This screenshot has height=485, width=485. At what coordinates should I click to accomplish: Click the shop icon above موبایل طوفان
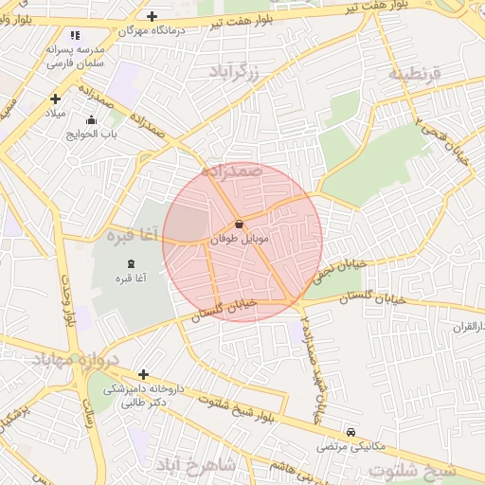(x=238, y=225)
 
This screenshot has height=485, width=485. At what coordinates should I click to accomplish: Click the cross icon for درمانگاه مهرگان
(x=153, y=16)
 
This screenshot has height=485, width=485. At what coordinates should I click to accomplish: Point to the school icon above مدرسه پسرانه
(x=76, y=35)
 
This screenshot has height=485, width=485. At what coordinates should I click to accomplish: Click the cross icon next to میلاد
(x=55, y=99)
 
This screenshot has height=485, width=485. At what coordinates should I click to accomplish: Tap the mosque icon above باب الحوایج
(x=91, y=120)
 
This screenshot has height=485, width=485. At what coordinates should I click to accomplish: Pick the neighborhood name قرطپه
(x=414, y=73)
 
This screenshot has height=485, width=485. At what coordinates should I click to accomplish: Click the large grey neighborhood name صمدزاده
(x=231, y=171)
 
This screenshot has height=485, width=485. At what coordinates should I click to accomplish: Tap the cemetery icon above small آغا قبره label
(x=130, y=262)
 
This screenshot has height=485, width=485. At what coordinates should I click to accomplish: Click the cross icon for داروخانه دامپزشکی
(x=143, y=374)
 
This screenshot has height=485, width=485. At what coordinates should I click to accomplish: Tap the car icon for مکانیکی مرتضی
(x=351, y=431)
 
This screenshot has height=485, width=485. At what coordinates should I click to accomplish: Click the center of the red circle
(x=242, y=242)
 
